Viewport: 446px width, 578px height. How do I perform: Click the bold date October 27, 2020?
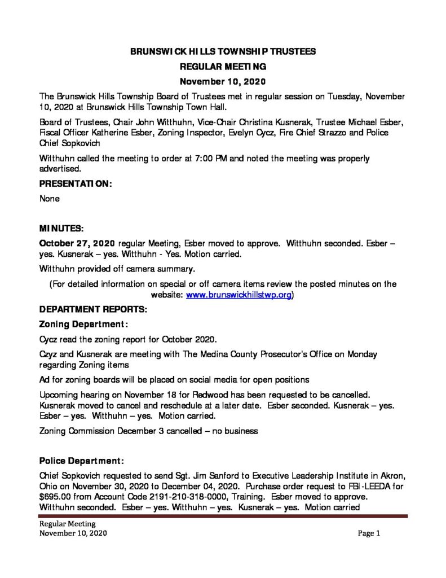pyautogui.click(x=77, y=243)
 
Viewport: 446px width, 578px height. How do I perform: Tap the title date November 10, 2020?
pyautogui.click(x=223, y=81)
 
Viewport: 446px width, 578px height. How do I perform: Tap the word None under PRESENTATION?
pyautogui.click(x=49, y=199)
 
